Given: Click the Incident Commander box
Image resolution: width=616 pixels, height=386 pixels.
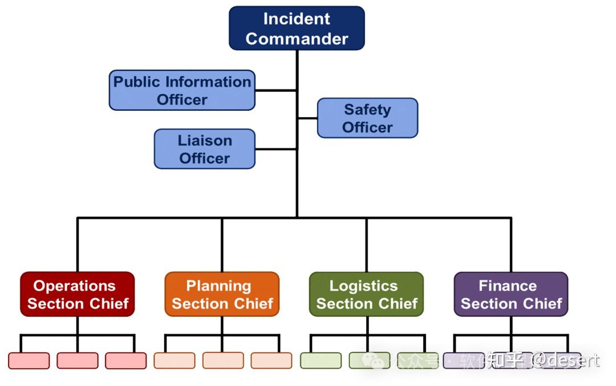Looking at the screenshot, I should coord(297,29).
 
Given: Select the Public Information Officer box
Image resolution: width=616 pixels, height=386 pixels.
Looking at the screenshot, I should coord(182,90).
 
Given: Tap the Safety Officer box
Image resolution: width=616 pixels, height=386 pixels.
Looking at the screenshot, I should coord(367,118).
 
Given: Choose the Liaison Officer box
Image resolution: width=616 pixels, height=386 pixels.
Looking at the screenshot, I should coord(204,149).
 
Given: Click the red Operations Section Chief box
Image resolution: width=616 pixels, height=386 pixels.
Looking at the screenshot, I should coord(78,294).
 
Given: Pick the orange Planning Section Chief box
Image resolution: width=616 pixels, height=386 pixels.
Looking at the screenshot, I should coord(222,294).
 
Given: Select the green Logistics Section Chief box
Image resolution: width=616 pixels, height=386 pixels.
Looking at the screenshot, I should coord(366,294).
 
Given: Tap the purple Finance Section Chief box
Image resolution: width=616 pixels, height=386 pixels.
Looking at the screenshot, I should coord(511,294).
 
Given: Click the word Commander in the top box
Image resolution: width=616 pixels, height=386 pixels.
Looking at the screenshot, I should coord(297,39).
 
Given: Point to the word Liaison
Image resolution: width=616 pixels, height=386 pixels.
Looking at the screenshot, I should coord(204,140).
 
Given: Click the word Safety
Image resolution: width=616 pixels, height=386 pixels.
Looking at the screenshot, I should coord(367,110).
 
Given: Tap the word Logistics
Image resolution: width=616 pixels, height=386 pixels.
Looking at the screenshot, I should coord(363,286).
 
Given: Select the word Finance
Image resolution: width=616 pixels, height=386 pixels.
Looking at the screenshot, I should coord(508,286).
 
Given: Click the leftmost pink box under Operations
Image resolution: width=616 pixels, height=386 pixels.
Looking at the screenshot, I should coord(29,360).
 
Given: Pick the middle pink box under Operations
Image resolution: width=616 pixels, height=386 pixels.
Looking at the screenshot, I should coord(78,360).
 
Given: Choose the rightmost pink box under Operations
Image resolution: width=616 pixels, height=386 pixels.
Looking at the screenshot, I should coord(125,360).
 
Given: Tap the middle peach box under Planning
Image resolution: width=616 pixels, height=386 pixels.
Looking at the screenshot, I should coord(222,360).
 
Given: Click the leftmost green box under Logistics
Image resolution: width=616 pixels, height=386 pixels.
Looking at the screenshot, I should coord(321,360).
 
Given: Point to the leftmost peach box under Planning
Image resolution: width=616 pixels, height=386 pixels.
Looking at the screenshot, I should coord(174,360).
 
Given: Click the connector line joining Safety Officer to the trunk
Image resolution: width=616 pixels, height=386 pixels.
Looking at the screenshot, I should coord(308,118).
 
